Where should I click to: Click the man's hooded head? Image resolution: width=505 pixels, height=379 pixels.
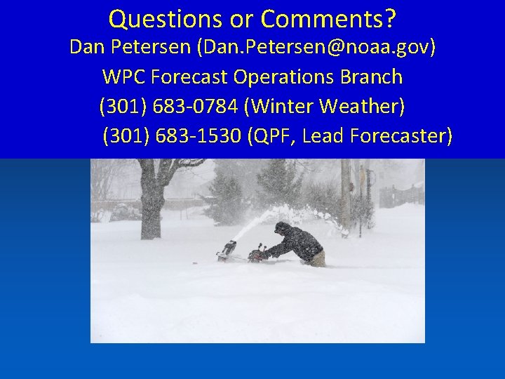click(x=281, y=228)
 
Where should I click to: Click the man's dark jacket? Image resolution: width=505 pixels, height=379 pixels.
click(x=302, y=242)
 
